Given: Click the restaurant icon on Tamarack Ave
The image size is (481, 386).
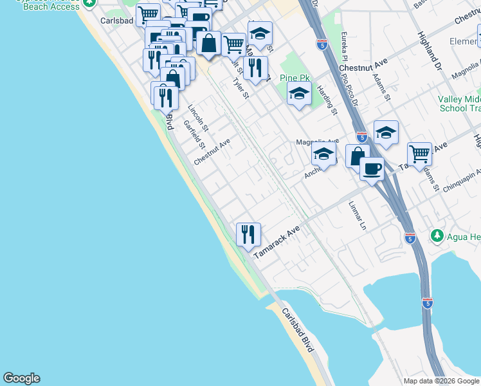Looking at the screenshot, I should pos(248,234).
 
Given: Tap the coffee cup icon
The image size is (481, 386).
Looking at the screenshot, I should pos(372,169).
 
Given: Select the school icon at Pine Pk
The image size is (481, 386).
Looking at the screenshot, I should pos(298,94).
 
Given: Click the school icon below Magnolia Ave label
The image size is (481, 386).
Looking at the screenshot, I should pos(324,154).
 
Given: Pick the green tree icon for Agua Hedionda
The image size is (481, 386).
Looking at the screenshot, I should pos(437,236).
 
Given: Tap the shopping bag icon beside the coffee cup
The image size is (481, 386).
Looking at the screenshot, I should pos(357,156).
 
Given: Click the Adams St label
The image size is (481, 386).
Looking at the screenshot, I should pos(381,87).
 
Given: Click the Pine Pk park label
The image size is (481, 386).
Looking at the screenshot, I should pos(295,78).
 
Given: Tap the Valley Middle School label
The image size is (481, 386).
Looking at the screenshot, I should pos(459,104).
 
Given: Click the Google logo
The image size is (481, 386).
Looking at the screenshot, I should pos(21,378).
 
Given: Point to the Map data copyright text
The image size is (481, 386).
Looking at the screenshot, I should pos(440,381).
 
